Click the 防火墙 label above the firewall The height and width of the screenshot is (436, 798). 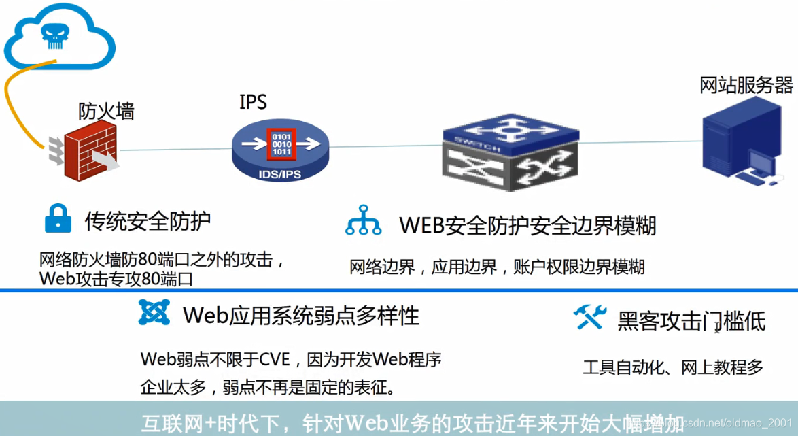106,111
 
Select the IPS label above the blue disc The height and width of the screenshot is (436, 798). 253,102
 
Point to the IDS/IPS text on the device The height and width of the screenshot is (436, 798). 279,174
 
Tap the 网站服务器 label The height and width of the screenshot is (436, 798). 746,85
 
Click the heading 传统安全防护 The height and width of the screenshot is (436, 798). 148,220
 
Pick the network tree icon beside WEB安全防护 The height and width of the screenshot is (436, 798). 364,221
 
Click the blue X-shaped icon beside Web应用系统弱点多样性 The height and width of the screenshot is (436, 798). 154,312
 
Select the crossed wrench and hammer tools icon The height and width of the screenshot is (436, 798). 589,317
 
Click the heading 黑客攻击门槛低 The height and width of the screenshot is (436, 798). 691,320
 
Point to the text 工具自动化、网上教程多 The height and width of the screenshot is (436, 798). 673,368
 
